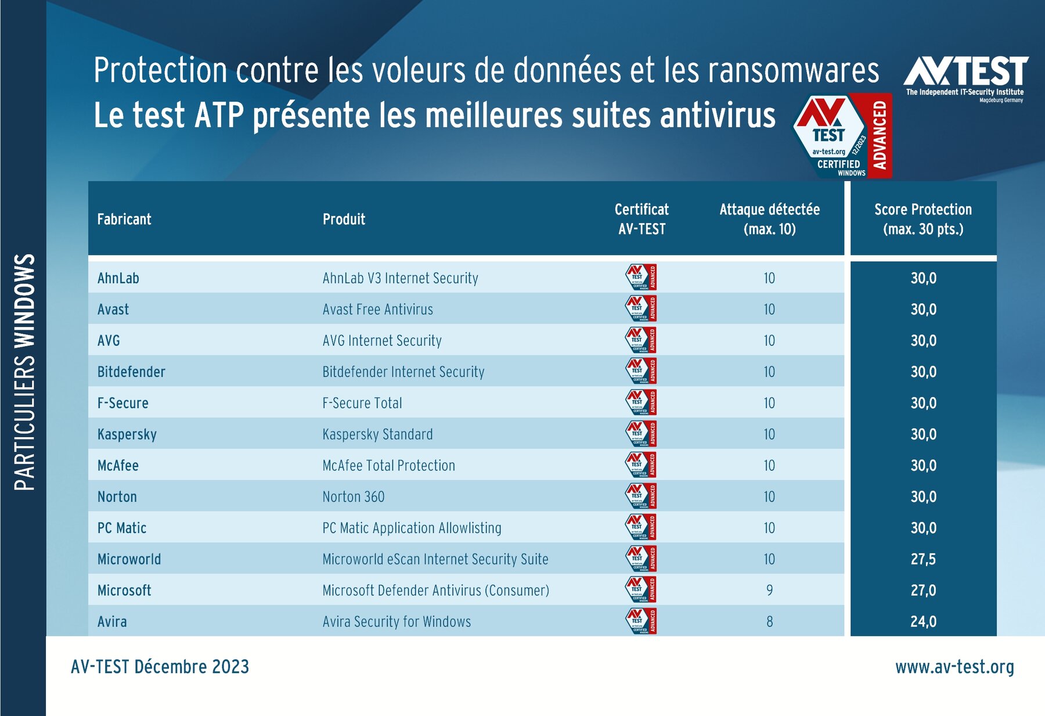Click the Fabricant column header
tap(124, 219)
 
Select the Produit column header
tap(344, 219)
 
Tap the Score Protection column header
tap(923, 219)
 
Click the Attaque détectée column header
tap(769, 219)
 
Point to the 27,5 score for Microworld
tap(923, 559)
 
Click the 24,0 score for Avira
tap(923, 621)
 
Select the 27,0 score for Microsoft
tap(923, 591)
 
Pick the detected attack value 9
tap(769, 591)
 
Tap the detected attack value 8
tap(769, 621)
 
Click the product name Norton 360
tap(354, 497)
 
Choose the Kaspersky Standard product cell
tap(377, 434)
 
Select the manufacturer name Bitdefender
tap(131, 372)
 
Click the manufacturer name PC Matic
tap(122, 528)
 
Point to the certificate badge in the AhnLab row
tap(641, 278)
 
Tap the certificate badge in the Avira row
tap(641, 621)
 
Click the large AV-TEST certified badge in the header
tap(842, 136)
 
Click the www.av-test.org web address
tap(954, 667)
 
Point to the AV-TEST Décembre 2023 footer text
tap(160, 667)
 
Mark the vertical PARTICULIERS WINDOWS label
tap(24, 372)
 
